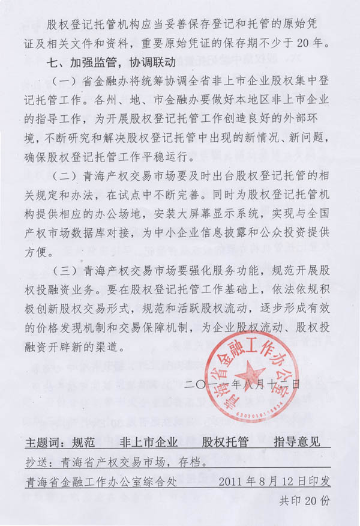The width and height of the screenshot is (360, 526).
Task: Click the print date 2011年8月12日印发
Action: tap(275, 482)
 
